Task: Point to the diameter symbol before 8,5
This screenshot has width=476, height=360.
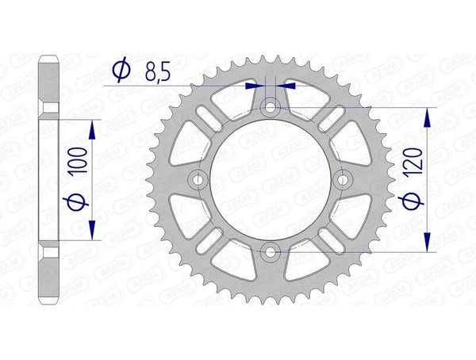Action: tap(121, 72)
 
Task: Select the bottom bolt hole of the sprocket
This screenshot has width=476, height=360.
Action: tap(270, 251)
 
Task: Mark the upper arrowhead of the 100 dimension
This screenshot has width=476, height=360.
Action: tap(94, 129)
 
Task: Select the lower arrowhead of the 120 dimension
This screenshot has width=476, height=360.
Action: tap(429, 242)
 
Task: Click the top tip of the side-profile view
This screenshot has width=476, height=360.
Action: tap(49, 55)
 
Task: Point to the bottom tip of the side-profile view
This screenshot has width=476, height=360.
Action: tap(49, 303)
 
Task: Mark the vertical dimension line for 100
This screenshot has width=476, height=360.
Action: tap(94, 179)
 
